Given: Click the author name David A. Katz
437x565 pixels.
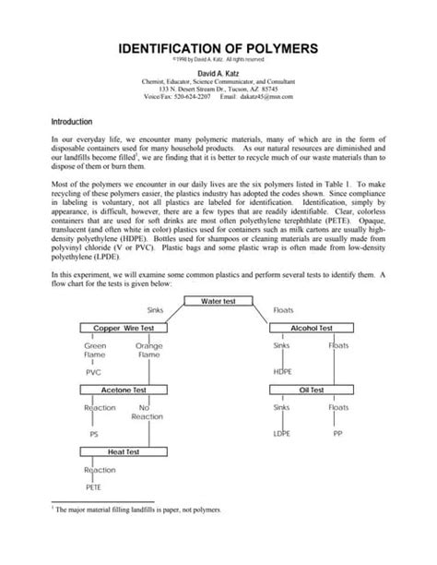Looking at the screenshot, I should pyautogui.click(x=218, y=73).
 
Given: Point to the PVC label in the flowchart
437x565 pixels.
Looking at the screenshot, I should pyautogui.click(x=93, y=372).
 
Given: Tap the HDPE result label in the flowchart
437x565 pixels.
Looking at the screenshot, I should pyautogui.click(x=283, y=372).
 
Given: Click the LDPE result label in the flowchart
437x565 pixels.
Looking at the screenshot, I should pyautogui.click(x=282, y=433).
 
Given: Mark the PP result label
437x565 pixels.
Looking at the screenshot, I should pyautogui.click(x=337, y=433).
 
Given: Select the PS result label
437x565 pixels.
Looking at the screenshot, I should pyautogui.click(x=93, y=433).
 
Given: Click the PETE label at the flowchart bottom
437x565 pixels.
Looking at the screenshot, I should pyautogui.click(x=94, y=487).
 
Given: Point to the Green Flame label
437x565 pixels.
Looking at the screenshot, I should pyautogui.click(x=95, y=350).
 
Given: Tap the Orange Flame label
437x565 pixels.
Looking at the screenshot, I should pyautogui.click(x=148, y=350).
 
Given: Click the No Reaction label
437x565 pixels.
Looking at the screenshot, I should pyautogui.click(x=144, y=412).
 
